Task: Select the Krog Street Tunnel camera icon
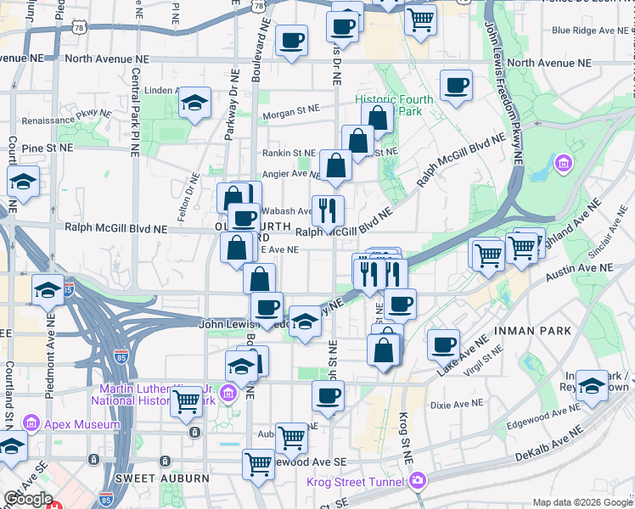point(417,482)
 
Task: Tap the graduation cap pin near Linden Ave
point(195,103)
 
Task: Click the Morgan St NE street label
point(290,109)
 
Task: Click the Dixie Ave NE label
point(456,405)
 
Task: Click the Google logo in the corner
point(28,499)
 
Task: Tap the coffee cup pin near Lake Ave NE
point(443,344)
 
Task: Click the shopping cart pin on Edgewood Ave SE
point(258,463)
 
